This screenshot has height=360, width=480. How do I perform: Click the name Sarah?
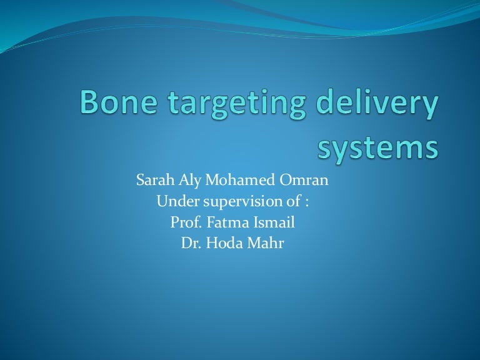click(152, 182)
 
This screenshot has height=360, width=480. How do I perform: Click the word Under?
click(173, 202)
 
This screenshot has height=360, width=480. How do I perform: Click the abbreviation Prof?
click(183, 223)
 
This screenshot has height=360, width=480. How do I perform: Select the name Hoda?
click(219, 244)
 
